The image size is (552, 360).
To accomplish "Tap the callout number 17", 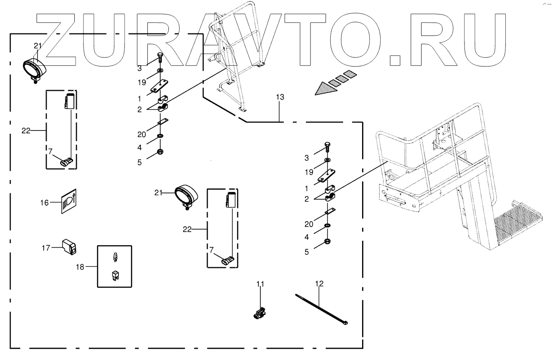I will click(45, 248).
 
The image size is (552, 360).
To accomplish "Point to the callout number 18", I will click(80, 267).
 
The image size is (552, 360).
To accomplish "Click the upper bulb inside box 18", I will click(114, 258).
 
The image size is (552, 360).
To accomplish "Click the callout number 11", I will click(260, 284).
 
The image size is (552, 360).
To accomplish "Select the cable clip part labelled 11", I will click(259, 314).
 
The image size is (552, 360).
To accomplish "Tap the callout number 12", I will click(319, 284).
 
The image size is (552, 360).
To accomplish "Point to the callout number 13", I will click(280, 97).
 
